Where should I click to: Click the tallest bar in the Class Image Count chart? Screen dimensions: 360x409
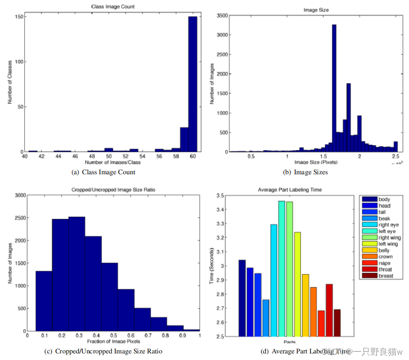(x=193, y=83)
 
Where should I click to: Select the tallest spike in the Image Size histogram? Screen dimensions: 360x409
(x=334, y=88)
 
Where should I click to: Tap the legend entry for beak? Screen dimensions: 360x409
(x=384, y=218)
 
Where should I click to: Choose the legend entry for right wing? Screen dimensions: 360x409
(x=389, y=238)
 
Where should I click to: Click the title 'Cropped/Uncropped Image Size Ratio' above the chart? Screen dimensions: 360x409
(x=113, y=190)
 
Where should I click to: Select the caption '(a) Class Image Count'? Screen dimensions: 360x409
(x=103, y=172)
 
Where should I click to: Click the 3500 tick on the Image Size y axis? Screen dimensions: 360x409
(x=222, y=15)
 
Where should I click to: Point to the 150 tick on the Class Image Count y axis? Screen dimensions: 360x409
(x=20, y=17)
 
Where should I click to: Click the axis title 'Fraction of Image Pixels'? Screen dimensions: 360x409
(x=113, y=342)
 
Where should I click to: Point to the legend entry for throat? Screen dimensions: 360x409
(x=385, y=269)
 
